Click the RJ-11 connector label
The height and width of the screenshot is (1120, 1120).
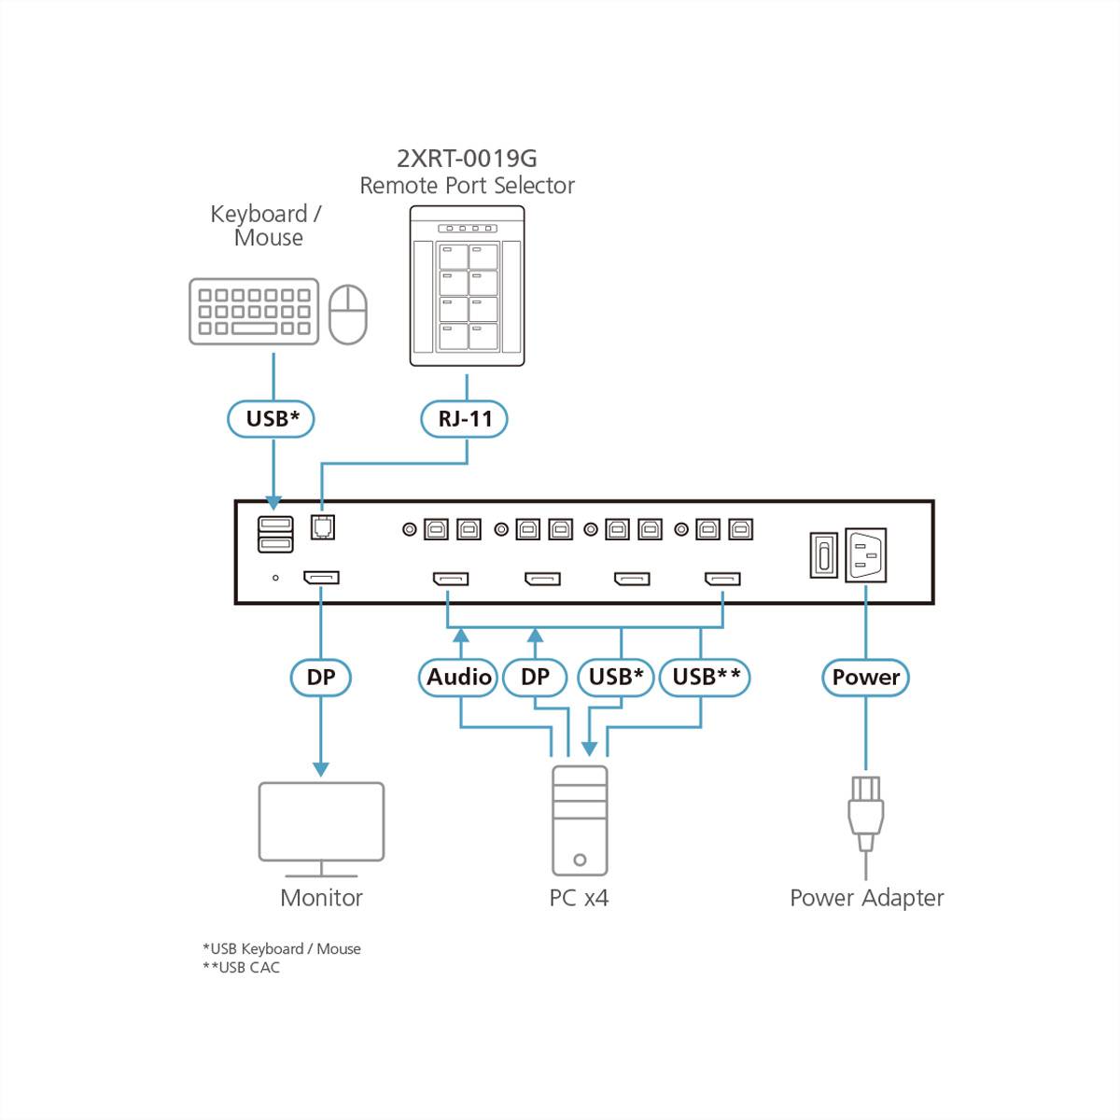[x=464, y=418]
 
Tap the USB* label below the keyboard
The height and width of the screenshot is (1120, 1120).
[x=272, y=418]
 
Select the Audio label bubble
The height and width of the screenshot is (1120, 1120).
[x=458, y=677]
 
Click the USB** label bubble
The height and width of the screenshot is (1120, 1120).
[x=705, y=677]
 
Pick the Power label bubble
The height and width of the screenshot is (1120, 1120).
[x=865, y=677]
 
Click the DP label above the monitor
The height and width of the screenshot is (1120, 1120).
[x=320, y=677]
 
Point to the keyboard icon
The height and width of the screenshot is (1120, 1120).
[x=254, y=311]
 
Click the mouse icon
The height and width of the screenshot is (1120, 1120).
[x=348, y=315]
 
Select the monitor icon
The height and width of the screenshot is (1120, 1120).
[x=321, y=826]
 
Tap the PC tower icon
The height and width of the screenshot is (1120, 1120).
[x=580, y=819]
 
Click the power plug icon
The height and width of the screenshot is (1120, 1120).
[x=865, y=812]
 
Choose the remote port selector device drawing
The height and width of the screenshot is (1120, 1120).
[x=467, y=286]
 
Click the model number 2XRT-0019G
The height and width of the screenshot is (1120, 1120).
[x=467, y=158]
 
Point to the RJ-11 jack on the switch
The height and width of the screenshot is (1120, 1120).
[x=322, y=527]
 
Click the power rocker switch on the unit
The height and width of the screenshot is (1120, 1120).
[x=822, y=555]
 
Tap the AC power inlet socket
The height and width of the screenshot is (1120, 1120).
[x=865, y=555]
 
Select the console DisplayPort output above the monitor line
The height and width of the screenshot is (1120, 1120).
[x=321, y=578]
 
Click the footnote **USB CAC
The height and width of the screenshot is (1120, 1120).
[x=242, y=968]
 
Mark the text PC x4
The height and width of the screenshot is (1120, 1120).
[x=579, y=898]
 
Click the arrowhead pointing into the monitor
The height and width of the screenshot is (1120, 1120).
[x=320, y=769]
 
